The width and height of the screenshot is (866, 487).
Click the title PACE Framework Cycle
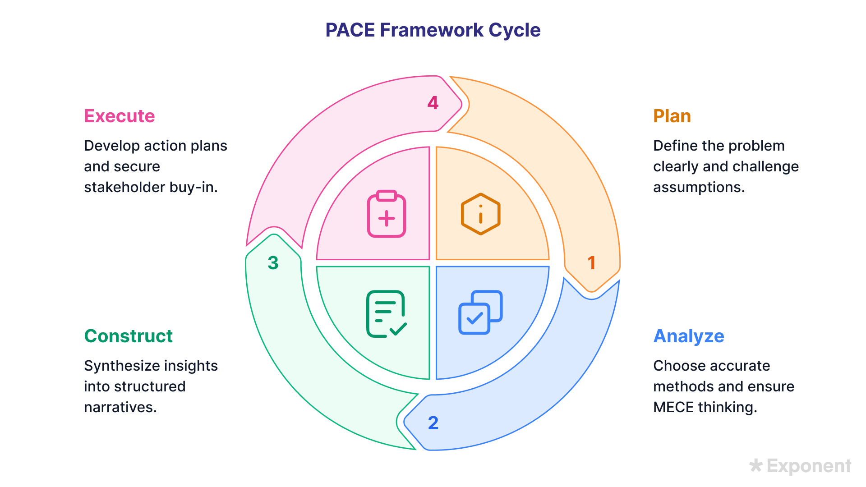point(433,30)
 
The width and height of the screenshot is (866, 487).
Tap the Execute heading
point(120,116)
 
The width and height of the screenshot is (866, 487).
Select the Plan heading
point(672,116)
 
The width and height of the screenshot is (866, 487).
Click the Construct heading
point(129,336)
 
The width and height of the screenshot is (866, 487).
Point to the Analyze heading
point(689,336)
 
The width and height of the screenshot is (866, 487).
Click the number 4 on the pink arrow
point(433,103)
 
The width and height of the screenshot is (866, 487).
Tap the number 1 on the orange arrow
point(592,263)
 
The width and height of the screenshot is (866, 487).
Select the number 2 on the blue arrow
point(433,423)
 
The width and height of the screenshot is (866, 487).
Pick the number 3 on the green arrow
point(273,263)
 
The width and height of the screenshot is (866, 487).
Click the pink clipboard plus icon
point(387,214)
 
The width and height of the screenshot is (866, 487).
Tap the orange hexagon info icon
point(480,214)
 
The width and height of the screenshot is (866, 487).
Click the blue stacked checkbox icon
point(480,312)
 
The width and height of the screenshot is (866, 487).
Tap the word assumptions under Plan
point(698,187)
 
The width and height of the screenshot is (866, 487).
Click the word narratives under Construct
point(120,407)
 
